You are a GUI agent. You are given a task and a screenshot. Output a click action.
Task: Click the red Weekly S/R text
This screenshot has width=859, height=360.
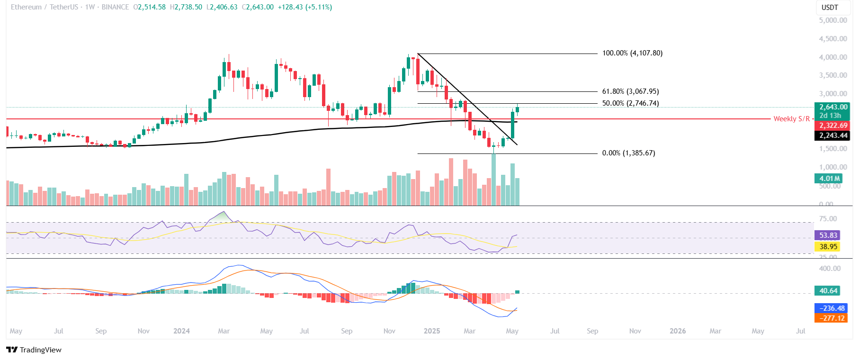coord(791,119)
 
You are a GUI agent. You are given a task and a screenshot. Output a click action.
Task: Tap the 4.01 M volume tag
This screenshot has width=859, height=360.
coord(829,179)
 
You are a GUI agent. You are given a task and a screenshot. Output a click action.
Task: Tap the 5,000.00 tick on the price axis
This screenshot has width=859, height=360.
coord(833,20)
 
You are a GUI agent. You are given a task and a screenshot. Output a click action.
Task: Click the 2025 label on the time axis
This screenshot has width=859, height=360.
coord(432,331)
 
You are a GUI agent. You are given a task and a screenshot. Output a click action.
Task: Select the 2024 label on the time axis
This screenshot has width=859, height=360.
coord(181,331)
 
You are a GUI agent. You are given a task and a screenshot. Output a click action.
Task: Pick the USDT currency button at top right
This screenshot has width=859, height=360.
coord(829,8)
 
